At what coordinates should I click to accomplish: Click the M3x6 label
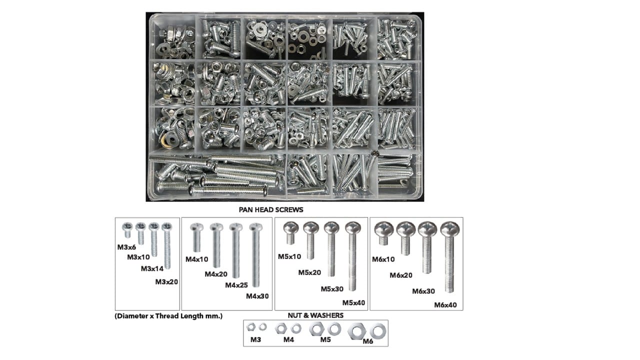tap(126, 247)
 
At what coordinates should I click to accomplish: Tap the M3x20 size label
tap(166, 281)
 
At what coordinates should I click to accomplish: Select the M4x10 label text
tap(197, 259)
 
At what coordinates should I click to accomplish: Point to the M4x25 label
tap(236, 285)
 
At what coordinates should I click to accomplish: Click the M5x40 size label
tap(353, 302)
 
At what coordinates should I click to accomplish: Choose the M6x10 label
tap(383, 259)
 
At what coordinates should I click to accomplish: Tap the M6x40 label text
tap(445, 305)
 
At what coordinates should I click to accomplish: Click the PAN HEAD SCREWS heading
tap(271, 209)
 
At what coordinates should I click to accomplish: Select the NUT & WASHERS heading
tap(315, 315)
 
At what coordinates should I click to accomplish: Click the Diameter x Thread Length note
tap(168, 316)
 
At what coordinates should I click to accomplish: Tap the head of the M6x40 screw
tap(449, 229)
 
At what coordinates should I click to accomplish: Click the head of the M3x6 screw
tap(127, 227)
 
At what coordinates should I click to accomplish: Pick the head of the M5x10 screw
tap(291, 228)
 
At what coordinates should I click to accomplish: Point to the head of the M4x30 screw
tap(255, 227)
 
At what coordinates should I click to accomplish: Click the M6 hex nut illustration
tap(357, 331)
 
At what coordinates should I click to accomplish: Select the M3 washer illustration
tap(262, 326)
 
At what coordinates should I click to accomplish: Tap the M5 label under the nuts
tap(325, 339)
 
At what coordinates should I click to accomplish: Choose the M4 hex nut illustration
tap(281, 328)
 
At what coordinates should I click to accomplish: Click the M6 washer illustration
tap(378, 331)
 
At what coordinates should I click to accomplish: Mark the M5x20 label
tap(309, 272)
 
